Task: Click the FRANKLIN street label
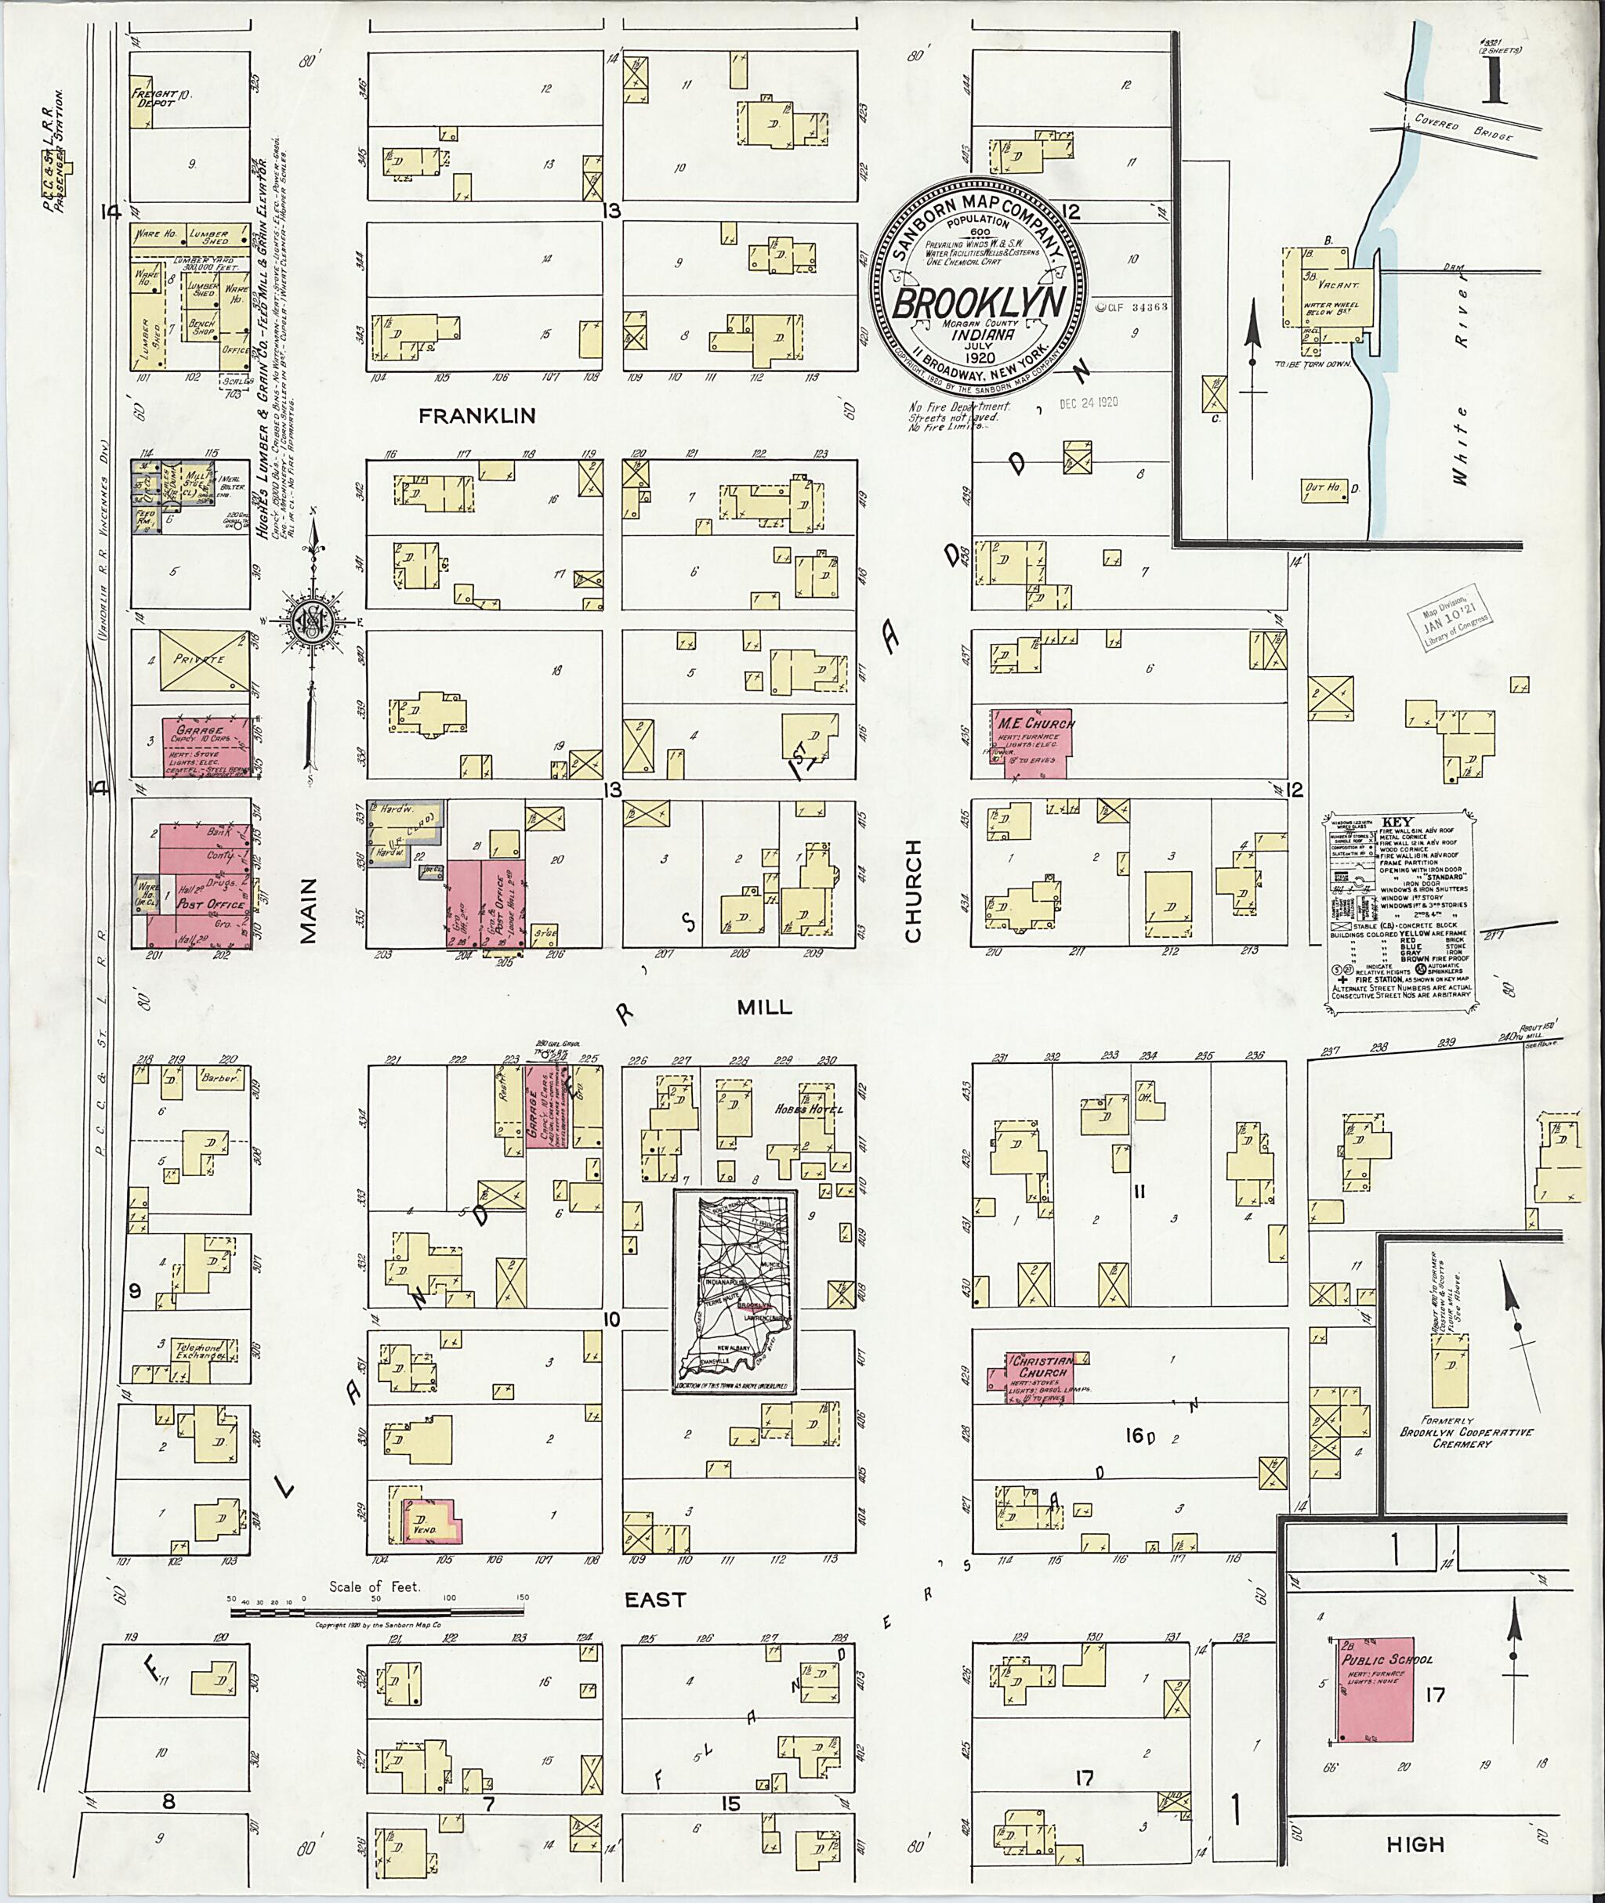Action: point(476,416)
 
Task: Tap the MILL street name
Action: point(764,1007)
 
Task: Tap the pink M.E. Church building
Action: point(1034,742)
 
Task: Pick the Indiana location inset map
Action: point(734,1293)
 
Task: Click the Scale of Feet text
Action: point(375,1587)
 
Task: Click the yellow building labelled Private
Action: point(204,659)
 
